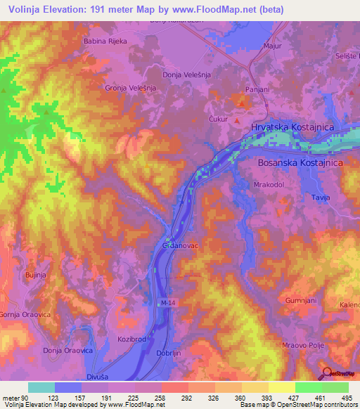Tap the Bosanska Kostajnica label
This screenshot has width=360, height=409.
[x=298, y=163]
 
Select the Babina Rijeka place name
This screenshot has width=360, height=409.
[x=105, y=41]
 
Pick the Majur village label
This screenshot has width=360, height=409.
[x=272, y=46]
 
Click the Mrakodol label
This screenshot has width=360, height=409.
[x=268, y=185]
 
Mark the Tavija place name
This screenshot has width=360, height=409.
[x=320, y=198]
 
